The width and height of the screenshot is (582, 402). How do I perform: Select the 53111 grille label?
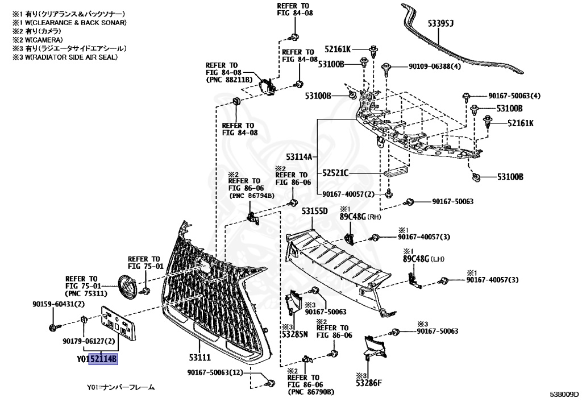point(199,357)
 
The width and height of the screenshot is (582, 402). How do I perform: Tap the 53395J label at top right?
point(440,23)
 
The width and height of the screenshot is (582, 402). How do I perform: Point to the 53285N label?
point(294,334)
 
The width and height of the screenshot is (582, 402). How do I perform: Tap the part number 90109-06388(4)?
point(435,67)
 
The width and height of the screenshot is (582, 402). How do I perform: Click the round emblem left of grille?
point(126,286)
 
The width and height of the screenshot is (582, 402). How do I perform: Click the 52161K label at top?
point(338,49)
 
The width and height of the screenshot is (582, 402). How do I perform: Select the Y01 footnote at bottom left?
point(120,387)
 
